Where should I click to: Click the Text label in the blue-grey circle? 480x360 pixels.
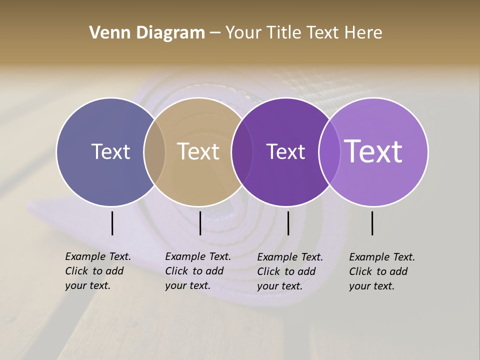pos(110,152)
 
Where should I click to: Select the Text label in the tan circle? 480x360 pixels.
pos(198,152)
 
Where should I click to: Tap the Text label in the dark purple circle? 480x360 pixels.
pos(285,152)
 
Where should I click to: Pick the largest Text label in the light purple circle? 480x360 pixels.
pos(373,151)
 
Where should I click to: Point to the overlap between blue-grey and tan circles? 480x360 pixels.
pos(154,152)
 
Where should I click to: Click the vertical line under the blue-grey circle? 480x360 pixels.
pos(112,223)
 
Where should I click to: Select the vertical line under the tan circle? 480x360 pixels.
pos(200,223)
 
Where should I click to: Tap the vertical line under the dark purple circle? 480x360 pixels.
pos(288,223)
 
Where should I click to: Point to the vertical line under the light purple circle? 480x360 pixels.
pos(372,223)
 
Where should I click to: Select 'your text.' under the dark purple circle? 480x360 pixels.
pos(280,286)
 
